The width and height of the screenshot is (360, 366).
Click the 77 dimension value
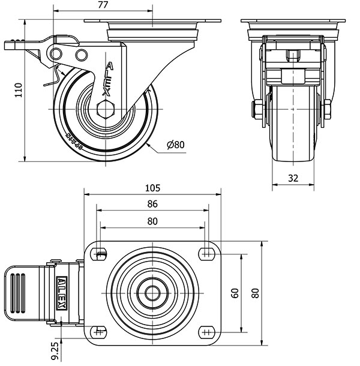pos(102,5)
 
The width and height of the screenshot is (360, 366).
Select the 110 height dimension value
pos(18,90)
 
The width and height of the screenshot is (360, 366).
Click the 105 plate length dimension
pos(152,187)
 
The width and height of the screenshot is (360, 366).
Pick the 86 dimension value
pos(152,204)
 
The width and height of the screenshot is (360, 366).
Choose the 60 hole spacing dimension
pos(235,293)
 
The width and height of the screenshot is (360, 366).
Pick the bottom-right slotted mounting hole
pos(207,331)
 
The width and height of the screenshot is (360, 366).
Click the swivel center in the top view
pos(153,293)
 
